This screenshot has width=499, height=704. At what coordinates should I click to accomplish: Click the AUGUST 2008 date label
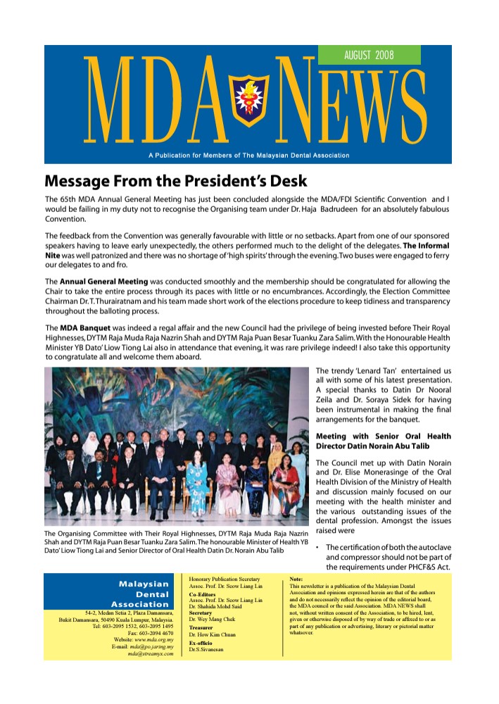coord(369,55)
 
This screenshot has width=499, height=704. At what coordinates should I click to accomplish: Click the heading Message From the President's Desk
coord(176,181)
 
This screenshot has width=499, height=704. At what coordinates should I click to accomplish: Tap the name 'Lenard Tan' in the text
coord(379,371)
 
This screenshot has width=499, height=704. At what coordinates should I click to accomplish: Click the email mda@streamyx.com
coord(150,653)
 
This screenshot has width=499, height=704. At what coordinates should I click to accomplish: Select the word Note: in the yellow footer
coord(297,579)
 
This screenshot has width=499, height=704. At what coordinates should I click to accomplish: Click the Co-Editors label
coord(203,594)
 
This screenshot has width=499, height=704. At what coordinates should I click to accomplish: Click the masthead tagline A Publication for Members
coord(248,156)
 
